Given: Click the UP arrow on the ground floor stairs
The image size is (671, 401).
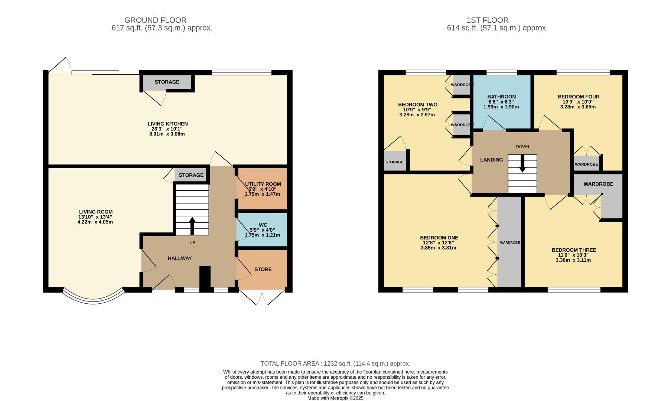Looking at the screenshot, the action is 192,226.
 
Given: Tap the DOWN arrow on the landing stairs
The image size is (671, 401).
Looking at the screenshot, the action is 522,163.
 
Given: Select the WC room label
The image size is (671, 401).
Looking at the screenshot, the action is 263,225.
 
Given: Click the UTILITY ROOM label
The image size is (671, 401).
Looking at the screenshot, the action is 263,184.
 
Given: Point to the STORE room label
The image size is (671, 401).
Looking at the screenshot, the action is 263,269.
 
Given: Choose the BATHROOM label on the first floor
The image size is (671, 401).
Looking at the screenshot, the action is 502,97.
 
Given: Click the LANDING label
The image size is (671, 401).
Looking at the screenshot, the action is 491,160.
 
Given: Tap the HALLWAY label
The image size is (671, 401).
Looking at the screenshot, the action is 180,258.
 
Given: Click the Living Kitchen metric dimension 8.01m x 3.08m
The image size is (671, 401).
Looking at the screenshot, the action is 167,134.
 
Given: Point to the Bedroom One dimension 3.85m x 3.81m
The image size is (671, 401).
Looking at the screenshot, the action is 439,248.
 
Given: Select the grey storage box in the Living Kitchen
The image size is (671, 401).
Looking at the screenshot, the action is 167,82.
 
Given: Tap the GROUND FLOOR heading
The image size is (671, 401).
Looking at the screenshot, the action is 155,20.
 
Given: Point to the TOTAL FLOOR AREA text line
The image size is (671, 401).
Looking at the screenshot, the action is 335,363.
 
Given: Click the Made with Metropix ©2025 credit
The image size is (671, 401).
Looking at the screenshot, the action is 335,398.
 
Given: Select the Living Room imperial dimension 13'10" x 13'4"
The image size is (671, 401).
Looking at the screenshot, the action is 96,217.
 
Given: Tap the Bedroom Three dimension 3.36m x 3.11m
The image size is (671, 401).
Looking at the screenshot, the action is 573,260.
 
